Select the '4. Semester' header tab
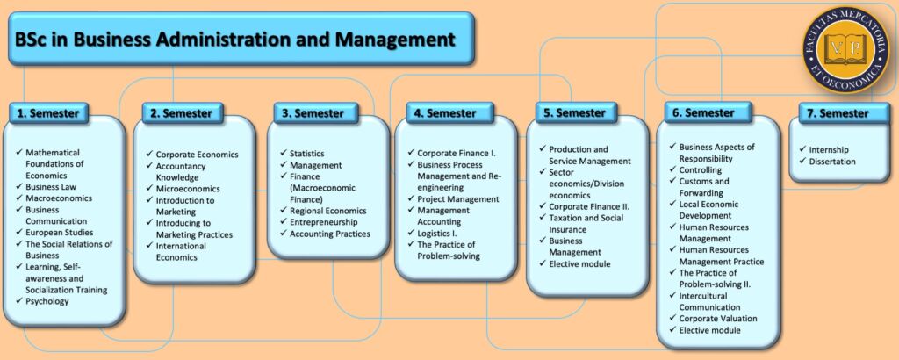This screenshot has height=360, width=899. click(444, 113)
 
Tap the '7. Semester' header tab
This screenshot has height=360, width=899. click(838, 113)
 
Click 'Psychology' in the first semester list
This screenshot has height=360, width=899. click(47, 301)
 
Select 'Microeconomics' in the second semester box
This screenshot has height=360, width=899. click(188, 189)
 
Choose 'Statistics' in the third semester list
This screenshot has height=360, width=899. click(307, 155)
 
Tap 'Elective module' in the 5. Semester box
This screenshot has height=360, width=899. click(579, 263)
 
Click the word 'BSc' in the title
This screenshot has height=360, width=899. click(32, 39)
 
